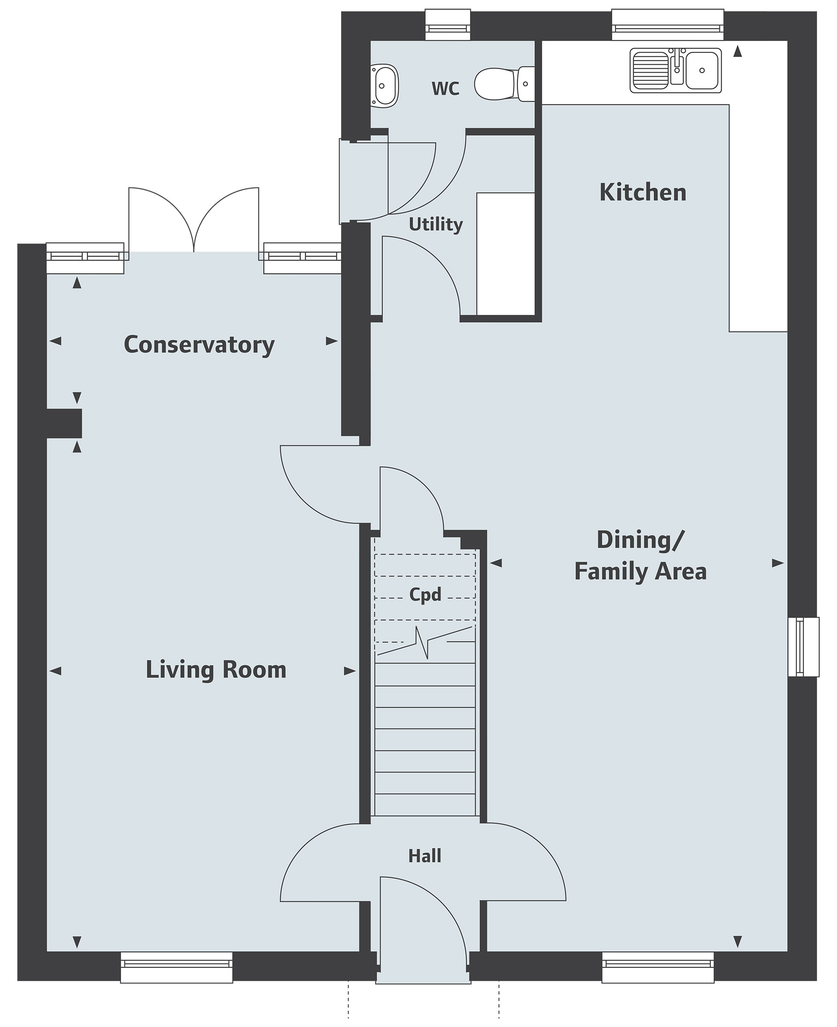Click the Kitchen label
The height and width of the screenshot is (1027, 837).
click(x=643, y=193)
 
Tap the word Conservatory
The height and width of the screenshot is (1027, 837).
click(x=199, y=345)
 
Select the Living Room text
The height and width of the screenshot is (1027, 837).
click(x=216, y=670)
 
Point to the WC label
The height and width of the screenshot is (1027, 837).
click(x=446, y=89)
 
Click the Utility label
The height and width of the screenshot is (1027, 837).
click(x=436, y=225)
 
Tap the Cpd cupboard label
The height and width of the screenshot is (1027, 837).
click(x=425, y=595)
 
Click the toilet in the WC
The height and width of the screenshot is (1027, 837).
click(x=504, y=84)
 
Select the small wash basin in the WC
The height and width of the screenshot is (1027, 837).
click(x=385, y=86)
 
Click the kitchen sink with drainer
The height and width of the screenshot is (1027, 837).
click(x=675, y=70)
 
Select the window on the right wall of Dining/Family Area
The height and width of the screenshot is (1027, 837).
click(x=803, y=647)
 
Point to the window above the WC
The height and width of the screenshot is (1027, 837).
click(x=448, y=25)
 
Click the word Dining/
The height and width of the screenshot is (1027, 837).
click(x=640, y=540)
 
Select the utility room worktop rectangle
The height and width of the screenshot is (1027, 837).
click(x=506, y=254)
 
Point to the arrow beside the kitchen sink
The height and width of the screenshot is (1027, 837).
click(x=737, y=51)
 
